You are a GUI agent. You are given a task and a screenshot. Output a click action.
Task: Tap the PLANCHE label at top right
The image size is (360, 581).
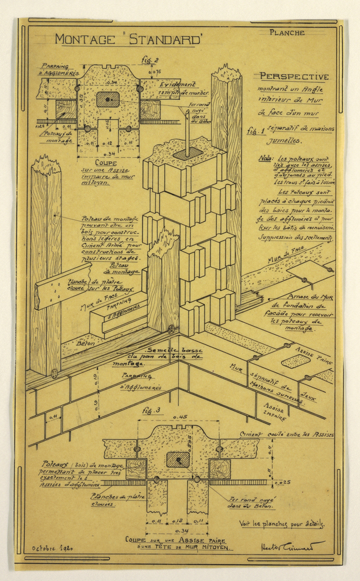click(x=287, y=33)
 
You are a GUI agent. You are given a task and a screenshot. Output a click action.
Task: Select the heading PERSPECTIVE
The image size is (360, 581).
click(x=294, y=77)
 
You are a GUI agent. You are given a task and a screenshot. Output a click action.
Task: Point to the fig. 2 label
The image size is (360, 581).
click(x=150, y=60)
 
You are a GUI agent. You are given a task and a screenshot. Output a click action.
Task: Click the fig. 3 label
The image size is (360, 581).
click(x=150, y=410)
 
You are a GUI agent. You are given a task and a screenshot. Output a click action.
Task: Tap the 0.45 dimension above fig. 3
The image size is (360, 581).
click(x=179, y=418)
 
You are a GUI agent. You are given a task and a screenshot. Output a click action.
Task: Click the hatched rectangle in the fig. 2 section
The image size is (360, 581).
click(x=108, y=100)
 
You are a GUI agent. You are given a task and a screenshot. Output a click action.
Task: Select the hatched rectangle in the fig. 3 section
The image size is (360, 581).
click(x=178, y=460)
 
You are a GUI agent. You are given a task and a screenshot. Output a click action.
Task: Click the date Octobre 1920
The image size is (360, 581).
click(x=52, y=549)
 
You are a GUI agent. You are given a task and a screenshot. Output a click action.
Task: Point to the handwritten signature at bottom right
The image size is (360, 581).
click(x=292, y=546)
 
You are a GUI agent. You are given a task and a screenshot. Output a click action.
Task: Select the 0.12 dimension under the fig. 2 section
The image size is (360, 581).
click(x=107, y=144)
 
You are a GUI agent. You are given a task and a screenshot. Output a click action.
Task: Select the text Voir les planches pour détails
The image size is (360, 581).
click(x=282, y=524)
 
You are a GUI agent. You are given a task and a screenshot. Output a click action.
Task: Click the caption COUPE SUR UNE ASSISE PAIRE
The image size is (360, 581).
click(x=177, y=541)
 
